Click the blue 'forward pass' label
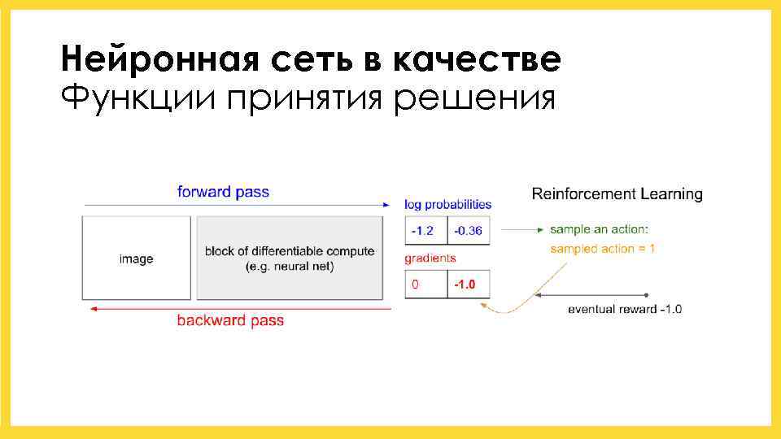click(x=223, y=193)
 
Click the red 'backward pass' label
click(x=230, y=320)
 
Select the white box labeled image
click(x=136, y=259)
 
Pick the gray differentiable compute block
click(x=290, y=259)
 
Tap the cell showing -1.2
click(x=425, y=231)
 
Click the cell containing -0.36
click(x=469, y=231)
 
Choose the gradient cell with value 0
click(x=425, y=285)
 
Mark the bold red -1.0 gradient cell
click(x=469, y=285)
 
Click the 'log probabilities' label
click(x=447, y=205)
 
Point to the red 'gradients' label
click(x=430, y=259)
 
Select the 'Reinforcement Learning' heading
click(x=617, y=194)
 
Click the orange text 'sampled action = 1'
click(x=602, y=249)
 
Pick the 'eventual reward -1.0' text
click(x=624, y=309)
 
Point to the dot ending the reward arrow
click(x=646, y=294)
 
